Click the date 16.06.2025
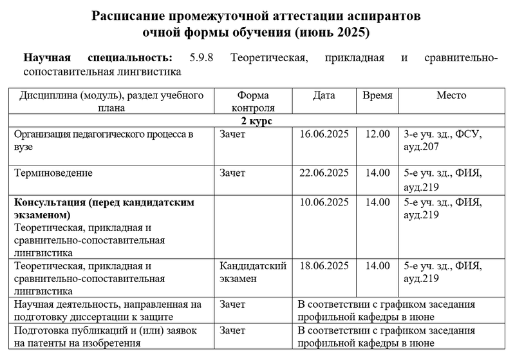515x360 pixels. point(324,135)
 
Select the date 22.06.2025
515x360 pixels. point(324,173)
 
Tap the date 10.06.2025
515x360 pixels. point(324,202)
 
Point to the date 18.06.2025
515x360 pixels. point(324,265)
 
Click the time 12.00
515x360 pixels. point(377,135)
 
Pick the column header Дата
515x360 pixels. point(324,96)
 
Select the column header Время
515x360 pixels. point(377,96)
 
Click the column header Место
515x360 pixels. point(451,96)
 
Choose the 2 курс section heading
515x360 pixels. point(257,121)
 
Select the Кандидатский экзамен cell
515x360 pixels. point(248,272)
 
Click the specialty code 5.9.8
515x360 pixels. point(203,58)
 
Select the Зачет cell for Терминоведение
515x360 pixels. point(232,173)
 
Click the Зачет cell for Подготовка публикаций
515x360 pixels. point(232,330)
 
